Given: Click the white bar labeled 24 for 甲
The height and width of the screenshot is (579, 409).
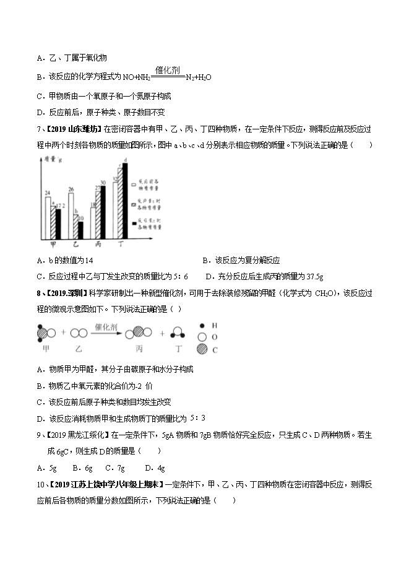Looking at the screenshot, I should (48, 219).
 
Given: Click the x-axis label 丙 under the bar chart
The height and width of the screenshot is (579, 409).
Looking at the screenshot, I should (97, 245).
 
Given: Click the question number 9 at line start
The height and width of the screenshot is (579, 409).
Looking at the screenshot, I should (38, 435).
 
